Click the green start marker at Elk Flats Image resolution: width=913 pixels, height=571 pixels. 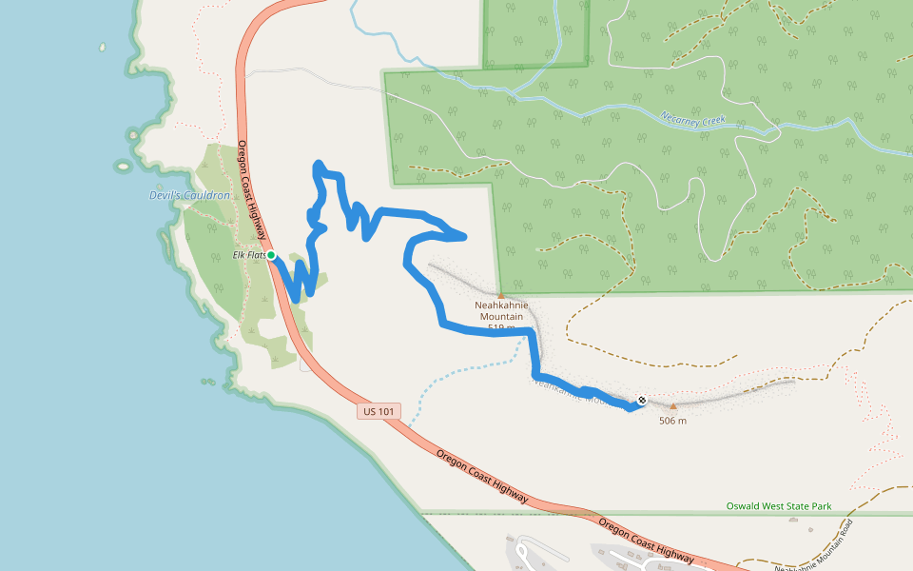(271, 255)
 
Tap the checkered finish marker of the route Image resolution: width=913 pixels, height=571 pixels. (642, 400)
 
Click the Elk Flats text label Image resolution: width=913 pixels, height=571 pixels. (248, 255)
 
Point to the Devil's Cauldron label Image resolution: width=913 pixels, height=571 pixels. (190, 195)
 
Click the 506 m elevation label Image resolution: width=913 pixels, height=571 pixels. (672, 421)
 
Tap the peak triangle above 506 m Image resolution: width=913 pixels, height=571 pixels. (673, 406)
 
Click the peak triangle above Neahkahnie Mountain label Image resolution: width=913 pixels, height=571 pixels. (501, 295)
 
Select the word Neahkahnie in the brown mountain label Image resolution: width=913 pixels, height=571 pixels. (501, 305)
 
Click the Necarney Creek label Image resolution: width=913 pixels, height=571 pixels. (693, 120)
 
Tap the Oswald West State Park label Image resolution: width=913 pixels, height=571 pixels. (779, 505)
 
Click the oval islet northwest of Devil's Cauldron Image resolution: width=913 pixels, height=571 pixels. (123, 167)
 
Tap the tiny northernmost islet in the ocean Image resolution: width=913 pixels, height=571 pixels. (102, 46)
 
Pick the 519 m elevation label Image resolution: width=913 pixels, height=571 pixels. (501, 328)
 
